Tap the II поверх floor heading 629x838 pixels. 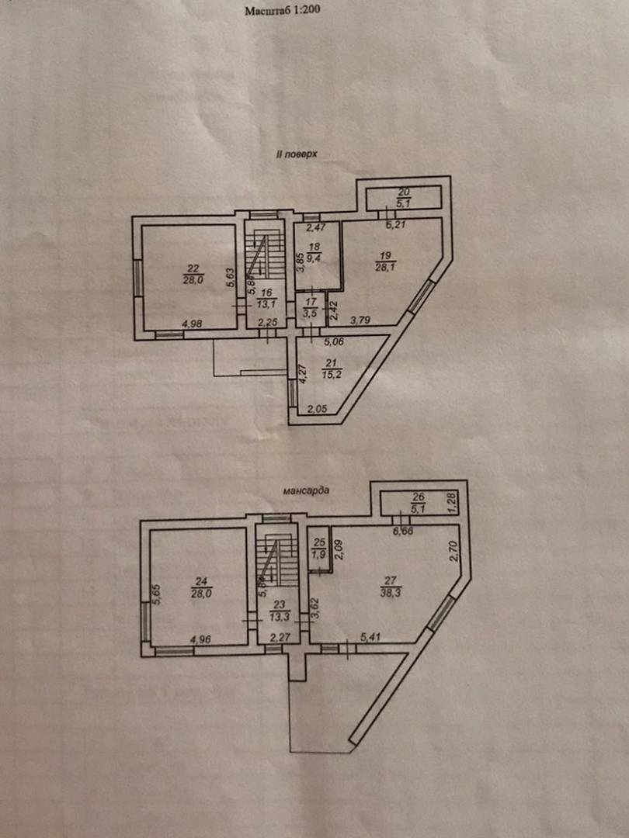coord(298,155)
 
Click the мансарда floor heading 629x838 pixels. coord(308,490)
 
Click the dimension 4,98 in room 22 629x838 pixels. coord(190,324)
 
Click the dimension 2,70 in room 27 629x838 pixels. coord(454,550)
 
